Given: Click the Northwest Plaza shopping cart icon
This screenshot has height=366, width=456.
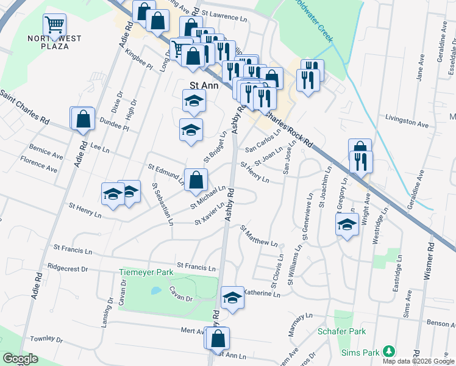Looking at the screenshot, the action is click(54, 25).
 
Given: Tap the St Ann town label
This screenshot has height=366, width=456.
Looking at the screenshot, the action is click(204, 85).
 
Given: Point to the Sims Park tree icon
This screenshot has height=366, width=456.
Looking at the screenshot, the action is click(387, 352).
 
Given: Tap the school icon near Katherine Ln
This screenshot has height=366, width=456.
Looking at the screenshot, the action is click(232, 298).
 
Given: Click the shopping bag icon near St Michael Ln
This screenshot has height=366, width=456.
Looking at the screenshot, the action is click(196, 180).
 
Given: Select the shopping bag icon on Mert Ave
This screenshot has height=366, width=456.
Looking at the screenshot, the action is click(218, 338).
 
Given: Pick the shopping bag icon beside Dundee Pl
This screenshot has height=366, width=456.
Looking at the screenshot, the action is click(84, 120).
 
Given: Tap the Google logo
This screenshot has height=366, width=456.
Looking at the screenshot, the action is click(20, 359).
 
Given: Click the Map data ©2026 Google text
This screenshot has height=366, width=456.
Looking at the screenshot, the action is click(418, 361).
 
